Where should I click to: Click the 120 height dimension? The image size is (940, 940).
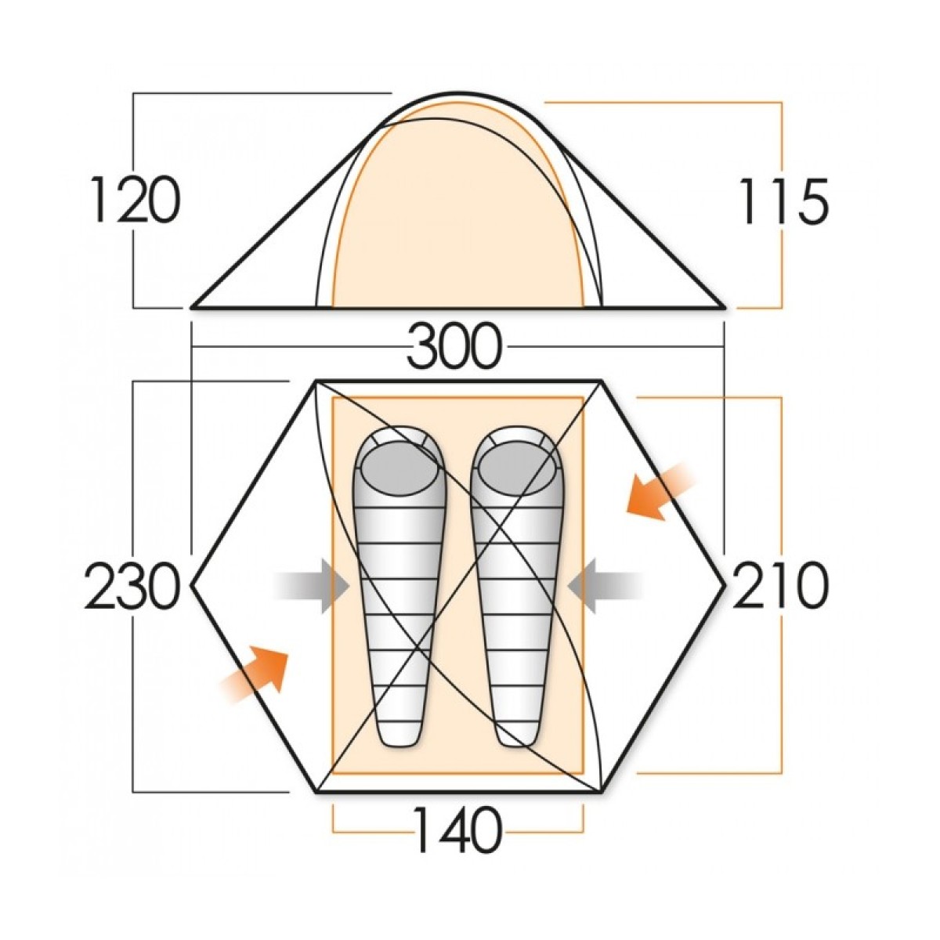[135, 199]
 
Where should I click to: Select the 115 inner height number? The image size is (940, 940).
[784, 201]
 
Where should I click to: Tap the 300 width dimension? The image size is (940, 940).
[454, 347]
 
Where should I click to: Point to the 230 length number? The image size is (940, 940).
[130, 586]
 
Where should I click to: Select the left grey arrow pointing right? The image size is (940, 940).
[311, 586]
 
